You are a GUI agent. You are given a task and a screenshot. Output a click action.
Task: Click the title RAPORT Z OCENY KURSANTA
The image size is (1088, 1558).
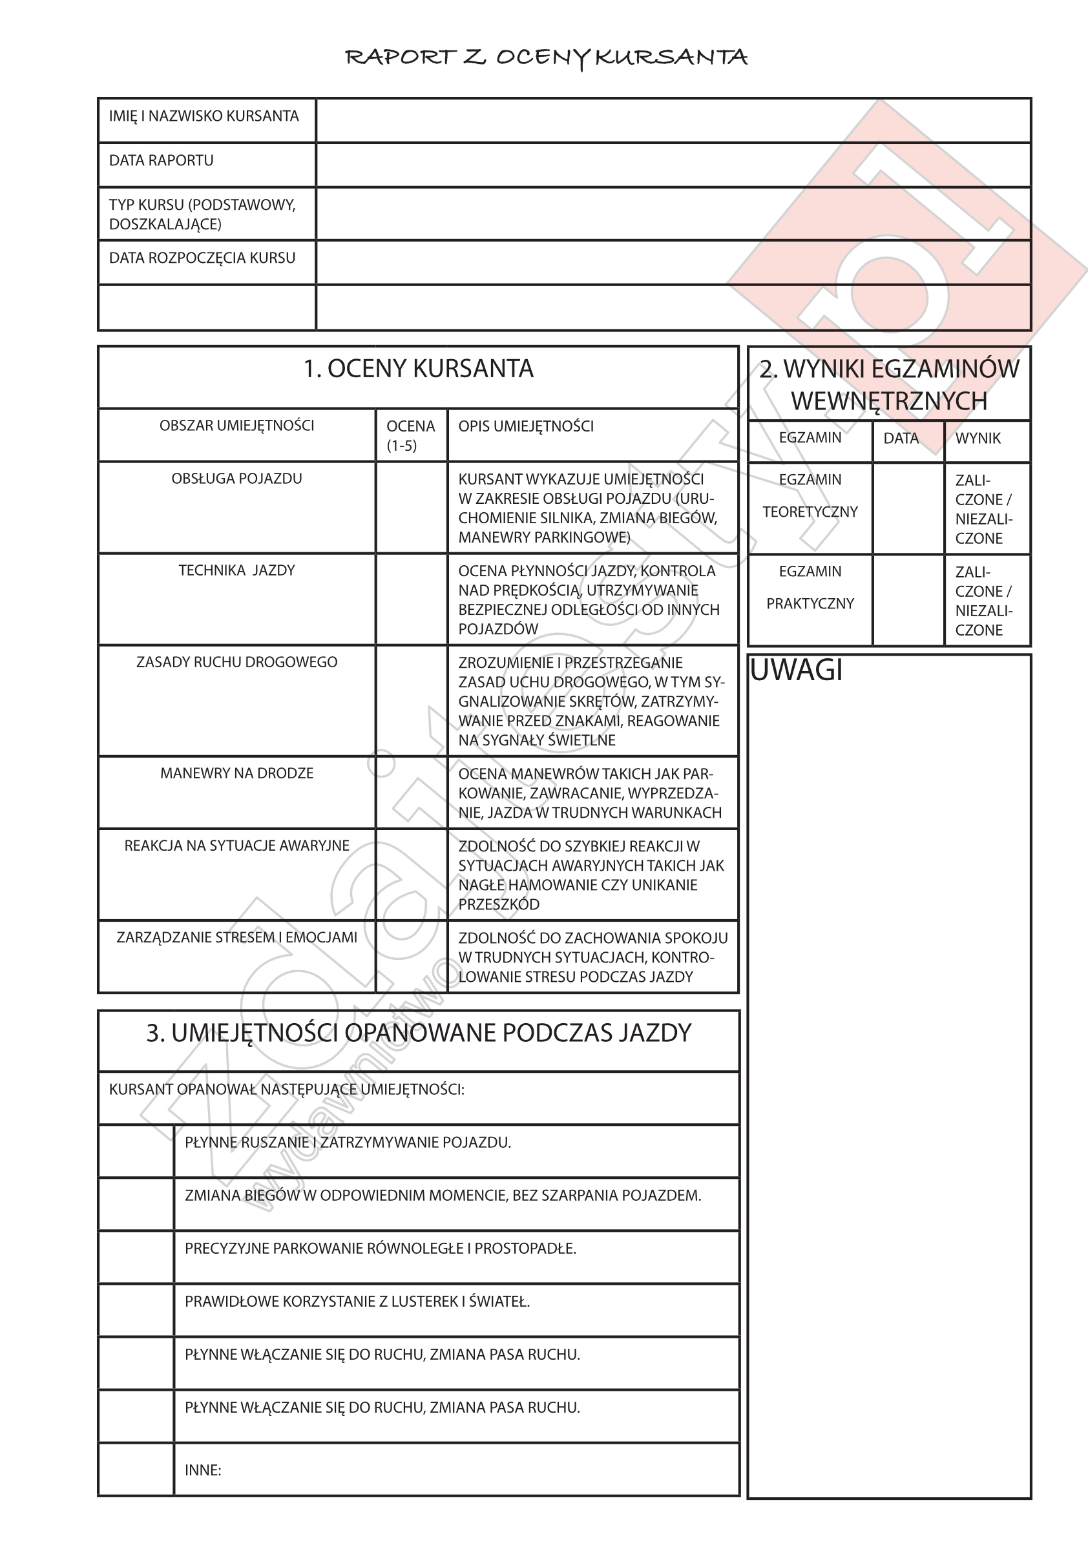pos(547,57)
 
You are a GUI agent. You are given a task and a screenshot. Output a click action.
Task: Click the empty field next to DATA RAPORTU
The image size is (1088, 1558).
pos(673,165)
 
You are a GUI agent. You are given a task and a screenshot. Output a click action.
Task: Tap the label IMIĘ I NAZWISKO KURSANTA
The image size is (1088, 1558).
pos(204,116)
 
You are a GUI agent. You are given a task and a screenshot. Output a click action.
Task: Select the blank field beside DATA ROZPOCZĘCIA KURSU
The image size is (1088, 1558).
pos(673,263)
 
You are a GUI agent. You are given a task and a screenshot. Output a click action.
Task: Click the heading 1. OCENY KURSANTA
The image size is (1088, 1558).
pos(418,369)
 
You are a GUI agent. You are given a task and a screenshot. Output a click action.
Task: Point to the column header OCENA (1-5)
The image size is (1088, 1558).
pos(411,435)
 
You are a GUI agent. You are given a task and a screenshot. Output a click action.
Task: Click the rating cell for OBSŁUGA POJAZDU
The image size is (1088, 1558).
pos(412,508)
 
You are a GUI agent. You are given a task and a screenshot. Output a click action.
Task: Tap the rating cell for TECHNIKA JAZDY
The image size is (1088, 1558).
pos(412,599)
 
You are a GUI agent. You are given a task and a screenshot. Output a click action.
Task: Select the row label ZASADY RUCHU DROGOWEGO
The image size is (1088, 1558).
pos(237,662)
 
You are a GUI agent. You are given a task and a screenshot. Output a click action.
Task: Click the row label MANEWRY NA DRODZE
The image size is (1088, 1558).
pos(237,774)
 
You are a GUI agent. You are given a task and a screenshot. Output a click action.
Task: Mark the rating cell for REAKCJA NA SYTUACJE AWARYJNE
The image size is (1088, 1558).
pos(412,875)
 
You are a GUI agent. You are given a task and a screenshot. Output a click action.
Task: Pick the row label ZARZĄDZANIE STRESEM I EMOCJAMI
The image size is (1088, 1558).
pos(237,938)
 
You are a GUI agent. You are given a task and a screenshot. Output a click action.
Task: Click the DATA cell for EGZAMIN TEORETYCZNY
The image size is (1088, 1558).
pos(908,508)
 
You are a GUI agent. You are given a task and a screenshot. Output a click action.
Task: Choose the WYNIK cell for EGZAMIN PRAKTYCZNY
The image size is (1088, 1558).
pos(987,601)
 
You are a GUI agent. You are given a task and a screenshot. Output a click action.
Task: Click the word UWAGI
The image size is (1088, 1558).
pos(797,670)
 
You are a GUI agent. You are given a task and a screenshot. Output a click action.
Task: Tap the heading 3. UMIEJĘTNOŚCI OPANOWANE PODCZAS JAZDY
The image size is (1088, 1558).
pos(418,1033)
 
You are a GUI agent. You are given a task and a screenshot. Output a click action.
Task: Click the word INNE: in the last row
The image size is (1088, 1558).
pos(203,1470)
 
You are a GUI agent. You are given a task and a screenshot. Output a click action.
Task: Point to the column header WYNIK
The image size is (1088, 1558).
pos(978,439)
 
